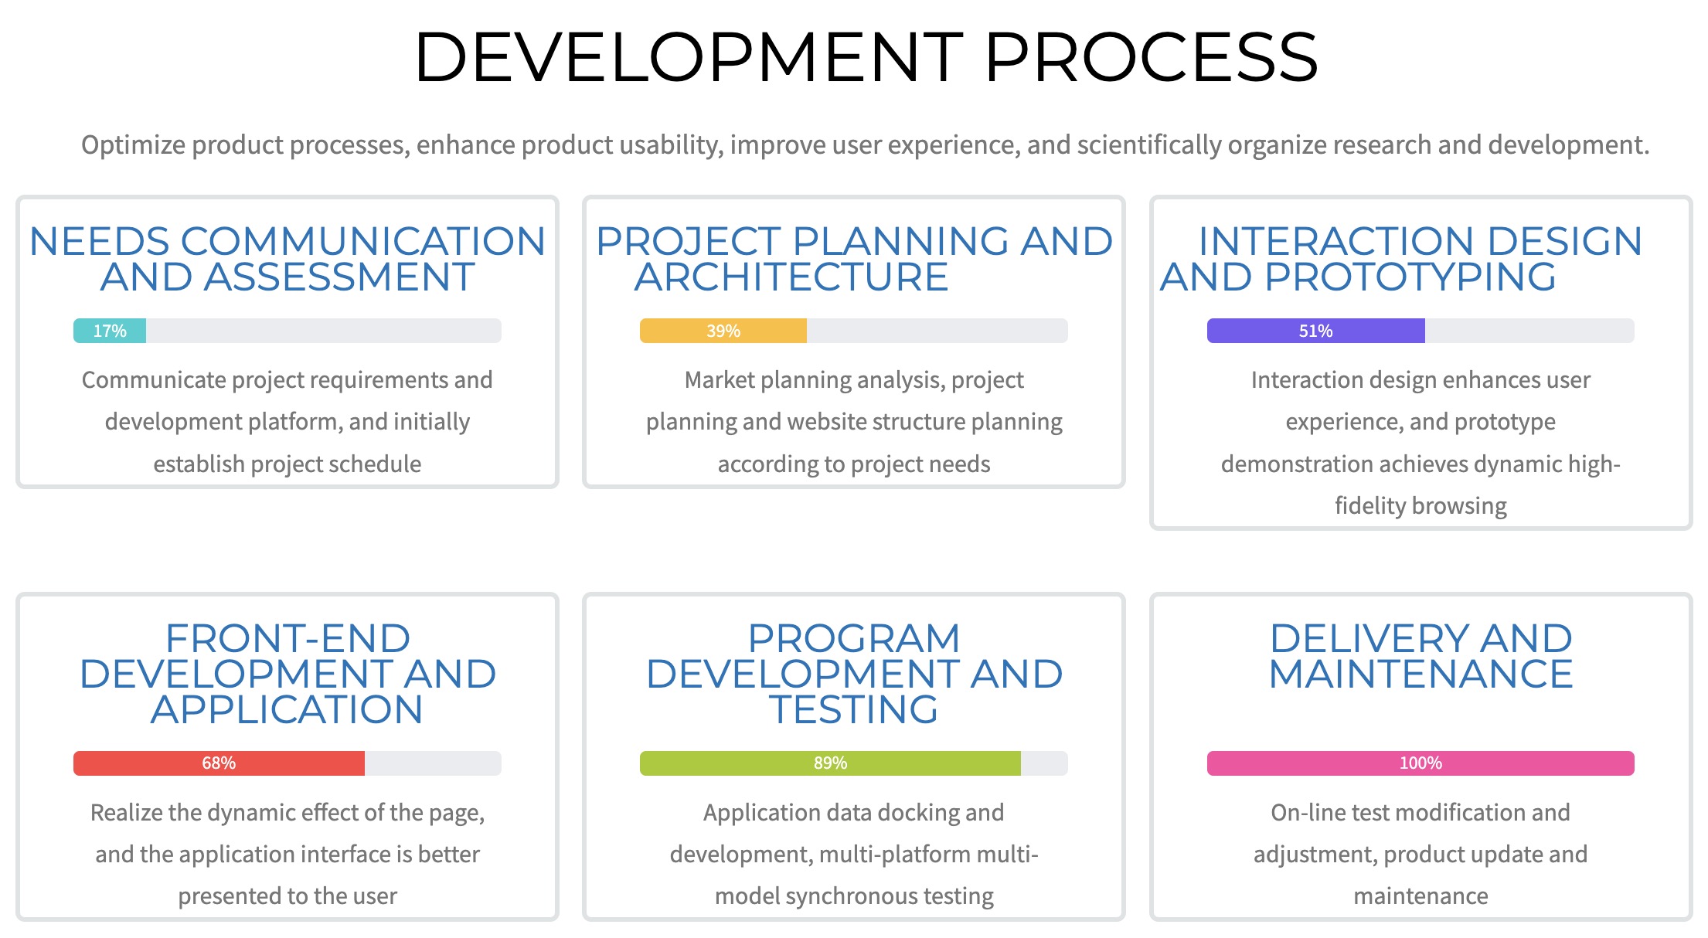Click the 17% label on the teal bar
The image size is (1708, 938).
coord(110,331)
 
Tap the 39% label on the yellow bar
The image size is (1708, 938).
coord(723,331)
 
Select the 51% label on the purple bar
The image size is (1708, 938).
coord(1315,331)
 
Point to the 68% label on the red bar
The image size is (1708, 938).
coord(219,763)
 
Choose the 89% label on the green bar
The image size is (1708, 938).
coord(830,763)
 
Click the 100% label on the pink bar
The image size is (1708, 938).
coord(1420,763)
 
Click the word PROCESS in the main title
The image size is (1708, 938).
coord(1151,57)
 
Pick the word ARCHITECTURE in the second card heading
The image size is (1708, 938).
coord(791,277)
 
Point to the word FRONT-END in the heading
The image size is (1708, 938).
coord(288,638)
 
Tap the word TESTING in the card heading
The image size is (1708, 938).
coord(853,709)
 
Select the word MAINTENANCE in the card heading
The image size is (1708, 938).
coord(1420,674)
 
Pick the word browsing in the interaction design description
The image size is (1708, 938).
coord(1458,506)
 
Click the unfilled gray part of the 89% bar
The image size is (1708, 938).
coord(1044,763)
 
